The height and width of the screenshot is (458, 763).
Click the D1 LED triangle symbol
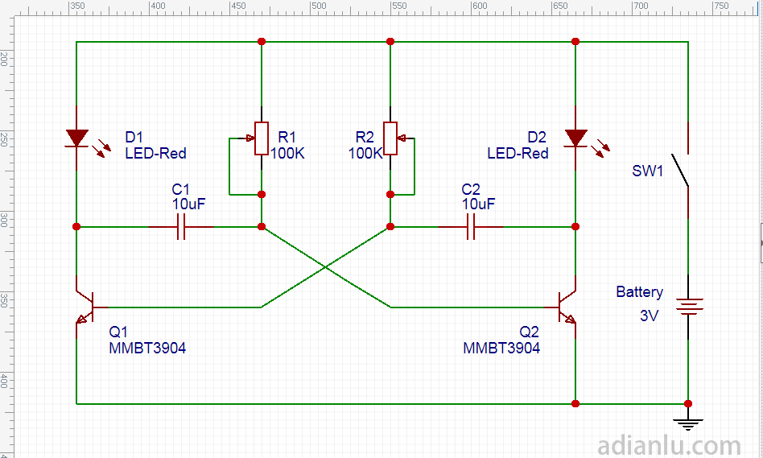click(x=76, y=138)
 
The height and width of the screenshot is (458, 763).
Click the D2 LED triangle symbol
click(x=575, y=138)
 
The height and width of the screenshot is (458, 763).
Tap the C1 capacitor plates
click(x=181, y=227)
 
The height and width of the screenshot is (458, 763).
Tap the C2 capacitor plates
click(x=471, y=227)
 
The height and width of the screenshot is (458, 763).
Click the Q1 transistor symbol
click(x=85, y=307)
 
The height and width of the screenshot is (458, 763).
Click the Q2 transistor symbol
click(x=567, y=307)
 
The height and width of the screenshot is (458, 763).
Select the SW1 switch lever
click(x=681, y=169)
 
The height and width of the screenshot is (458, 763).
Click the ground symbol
click(x=688, y=422)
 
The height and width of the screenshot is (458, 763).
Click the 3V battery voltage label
click(x=650, y=316)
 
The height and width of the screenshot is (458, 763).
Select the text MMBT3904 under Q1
click(x=147, y=348)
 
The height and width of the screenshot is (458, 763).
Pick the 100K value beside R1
click(x=287, y=153)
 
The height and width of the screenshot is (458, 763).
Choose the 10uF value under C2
click(x=478, y=204)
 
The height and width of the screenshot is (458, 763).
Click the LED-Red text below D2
click(x=518, y=153)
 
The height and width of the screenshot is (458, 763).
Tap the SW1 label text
click(x=648, y=171)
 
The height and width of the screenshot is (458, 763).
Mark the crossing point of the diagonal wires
click(x=325, y=267)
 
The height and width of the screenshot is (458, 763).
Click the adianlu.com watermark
click(x=670, y=444)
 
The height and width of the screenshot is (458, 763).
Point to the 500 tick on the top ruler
click(x=399, y=6)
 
